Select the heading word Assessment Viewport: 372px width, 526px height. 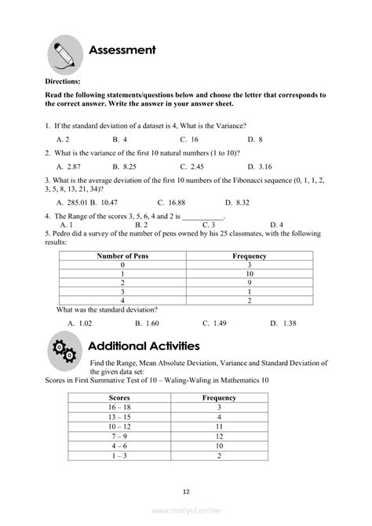coord(122,50)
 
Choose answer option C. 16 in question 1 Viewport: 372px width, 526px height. coord(188,139)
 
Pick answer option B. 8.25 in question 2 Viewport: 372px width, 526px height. coord(124,166)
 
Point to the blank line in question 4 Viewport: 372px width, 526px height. coord(202,215)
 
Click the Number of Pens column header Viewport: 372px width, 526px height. coord(122,256)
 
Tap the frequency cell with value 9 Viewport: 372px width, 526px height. coord(250,282)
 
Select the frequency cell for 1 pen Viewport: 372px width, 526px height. coord(250,273)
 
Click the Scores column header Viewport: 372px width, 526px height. coord(119,398)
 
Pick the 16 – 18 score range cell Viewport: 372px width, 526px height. coord(119,407)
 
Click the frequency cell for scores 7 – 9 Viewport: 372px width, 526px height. coord(219,436)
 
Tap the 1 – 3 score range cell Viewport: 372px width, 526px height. coord(119,455)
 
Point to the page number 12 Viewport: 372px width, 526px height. coord(186,491)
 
